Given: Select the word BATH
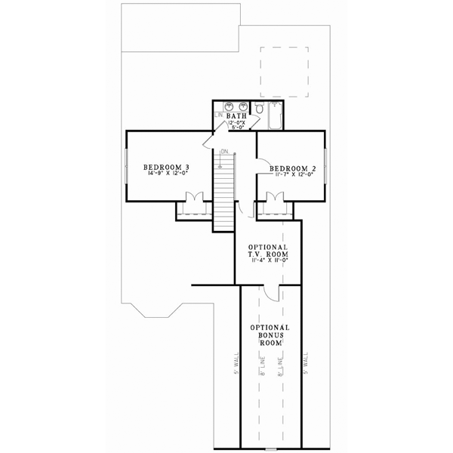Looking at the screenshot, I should tap(238, 116).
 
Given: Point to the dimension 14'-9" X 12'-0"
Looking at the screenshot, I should tap(167, 174).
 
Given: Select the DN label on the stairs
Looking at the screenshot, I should tap(224, 153).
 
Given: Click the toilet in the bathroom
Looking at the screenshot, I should tap(258, 110).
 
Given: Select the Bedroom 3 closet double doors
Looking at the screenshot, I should tap(193, 200).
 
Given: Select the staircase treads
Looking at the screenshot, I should tap(223, 196).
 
